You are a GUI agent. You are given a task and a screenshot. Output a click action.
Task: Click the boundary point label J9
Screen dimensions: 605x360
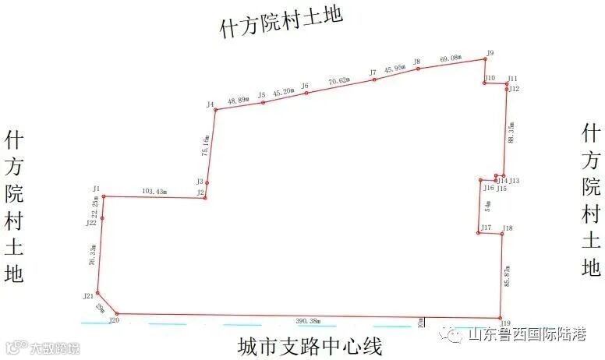tap(490, 53)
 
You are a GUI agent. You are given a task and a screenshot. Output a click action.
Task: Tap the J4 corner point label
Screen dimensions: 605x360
tap(211, 104)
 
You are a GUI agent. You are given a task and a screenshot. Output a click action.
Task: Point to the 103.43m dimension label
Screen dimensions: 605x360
tap(154, 191)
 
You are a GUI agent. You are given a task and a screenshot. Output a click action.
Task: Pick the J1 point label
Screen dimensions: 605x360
tap(96, 189)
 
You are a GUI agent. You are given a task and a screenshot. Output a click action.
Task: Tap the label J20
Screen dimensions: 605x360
tap(114, 320)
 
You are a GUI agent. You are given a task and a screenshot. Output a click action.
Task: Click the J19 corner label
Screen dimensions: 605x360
tap(505, 323)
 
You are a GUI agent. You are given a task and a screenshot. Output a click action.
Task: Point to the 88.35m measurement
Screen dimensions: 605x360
tap(511, 132)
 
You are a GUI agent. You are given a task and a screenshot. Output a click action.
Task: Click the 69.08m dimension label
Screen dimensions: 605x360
tap(451, 59)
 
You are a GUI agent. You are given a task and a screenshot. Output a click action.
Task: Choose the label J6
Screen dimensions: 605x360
tap(305, 86)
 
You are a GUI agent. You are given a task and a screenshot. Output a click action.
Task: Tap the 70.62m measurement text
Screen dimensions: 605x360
tap(340, 80)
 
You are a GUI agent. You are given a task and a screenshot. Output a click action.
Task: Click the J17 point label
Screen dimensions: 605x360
tap(486, 228)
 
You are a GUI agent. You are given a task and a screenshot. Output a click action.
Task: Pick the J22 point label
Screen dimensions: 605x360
tap(91, 223)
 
